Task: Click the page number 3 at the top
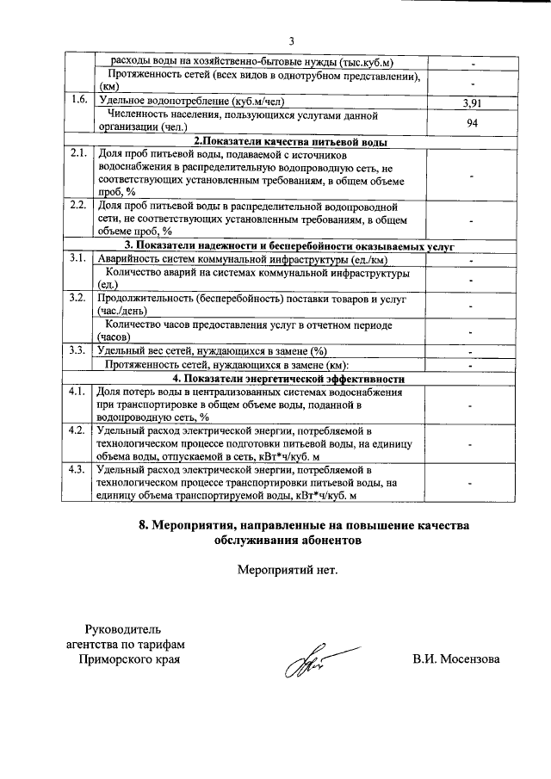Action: tap(291, 41)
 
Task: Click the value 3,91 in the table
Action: tap(472, 102)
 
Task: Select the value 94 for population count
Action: tap(472, 121)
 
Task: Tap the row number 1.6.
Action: tap(80, 100)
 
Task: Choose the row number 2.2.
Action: tap(80, 207)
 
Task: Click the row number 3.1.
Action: tap(80, 258)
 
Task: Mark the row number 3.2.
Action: tap(80, 298)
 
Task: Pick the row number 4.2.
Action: tap(80, 430)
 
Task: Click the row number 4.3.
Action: tap(80, 469)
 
